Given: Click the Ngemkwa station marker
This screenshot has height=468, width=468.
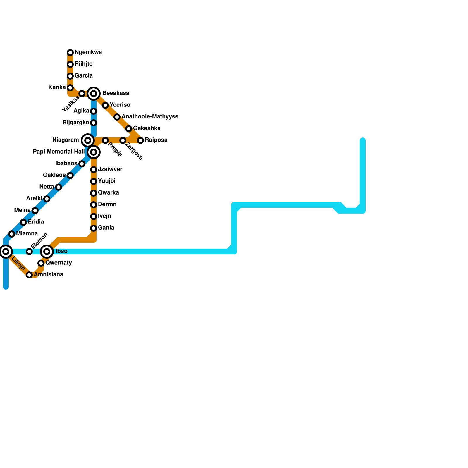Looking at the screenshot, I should coord(70,53).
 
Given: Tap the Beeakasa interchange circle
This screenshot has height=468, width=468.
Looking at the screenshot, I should coord(94,94).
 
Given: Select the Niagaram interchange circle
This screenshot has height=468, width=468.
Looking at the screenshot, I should coord(88,140).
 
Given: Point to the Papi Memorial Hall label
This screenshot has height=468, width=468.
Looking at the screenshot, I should coord(58,152).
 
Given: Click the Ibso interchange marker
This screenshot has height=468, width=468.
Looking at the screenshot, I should coord(47,251).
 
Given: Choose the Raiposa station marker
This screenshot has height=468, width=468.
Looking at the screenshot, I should coord(140,140).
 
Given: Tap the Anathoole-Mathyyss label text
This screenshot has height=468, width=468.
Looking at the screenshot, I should coord(150,117).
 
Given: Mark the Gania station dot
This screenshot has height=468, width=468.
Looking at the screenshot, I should coord(94,228).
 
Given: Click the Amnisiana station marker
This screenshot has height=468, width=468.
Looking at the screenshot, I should coord(29,275).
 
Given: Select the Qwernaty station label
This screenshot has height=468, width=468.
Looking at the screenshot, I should coord(59,263).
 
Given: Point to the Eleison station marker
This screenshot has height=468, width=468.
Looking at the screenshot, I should coord(29,252).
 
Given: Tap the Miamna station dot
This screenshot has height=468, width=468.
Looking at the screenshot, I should coord(12,234).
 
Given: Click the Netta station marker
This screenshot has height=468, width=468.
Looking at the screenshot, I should coord(58,187).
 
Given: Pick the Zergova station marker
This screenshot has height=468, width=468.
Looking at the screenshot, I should coord(123,140).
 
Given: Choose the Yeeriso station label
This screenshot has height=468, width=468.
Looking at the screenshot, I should coord(120,105).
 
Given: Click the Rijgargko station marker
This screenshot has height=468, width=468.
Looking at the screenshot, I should coord(94,123).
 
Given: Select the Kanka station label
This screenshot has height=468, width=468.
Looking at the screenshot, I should coord(57,87).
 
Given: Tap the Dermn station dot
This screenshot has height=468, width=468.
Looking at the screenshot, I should coord(94,205).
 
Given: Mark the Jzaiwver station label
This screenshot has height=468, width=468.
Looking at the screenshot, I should coord(110,169).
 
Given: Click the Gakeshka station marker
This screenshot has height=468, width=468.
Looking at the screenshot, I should coord(129,129).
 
